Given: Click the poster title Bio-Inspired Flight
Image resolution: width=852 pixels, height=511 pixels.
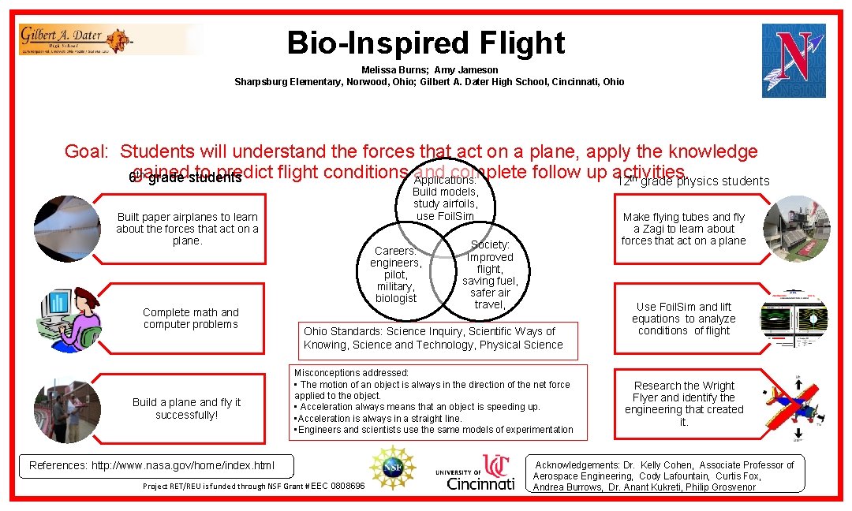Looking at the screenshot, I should coord(426,43).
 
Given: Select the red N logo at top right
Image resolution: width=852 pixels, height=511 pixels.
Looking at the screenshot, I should coord(794,60).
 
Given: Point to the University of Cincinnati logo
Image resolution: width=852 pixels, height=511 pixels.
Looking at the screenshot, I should coord(475,472).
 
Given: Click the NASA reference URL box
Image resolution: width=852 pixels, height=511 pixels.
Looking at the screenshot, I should coord(152,465).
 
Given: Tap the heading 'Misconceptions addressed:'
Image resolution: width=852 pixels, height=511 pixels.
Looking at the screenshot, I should coord(351,372).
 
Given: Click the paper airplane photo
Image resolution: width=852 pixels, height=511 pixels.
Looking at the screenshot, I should coord(66,229).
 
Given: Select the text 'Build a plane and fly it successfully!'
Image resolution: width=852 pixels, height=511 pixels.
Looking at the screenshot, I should coord(187,408).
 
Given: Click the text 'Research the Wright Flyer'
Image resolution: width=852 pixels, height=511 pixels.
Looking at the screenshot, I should coord(684,392).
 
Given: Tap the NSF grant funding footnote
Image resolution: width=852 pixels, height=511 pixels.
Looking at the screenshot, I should coord(253,487).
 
